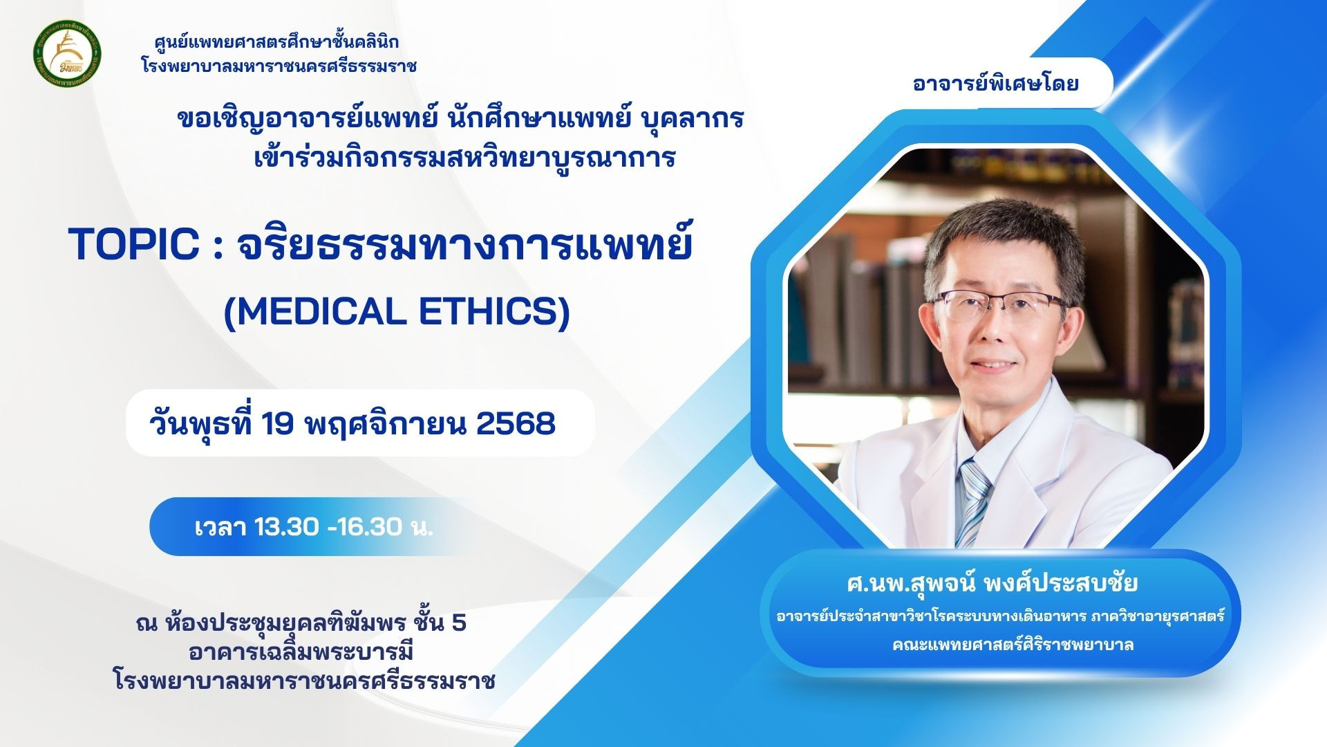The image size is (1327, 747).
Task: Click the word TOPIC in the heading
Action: point(134,244)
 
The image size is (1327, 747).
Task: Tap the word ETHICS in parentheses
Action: point(493,311)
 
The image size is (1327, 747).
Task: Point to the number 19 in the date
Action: point(278,423)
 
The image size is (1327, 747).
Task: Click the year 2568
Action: point(516,423)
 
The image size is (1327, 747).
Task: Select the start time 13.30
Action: point(286,527)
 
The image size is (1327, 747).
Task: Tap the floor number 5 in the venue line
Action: point(458,623)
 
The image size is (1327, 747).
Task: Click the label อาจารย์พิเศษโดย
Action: point(995,84)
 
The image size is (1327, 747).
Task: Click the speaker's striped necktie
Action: point(974,501)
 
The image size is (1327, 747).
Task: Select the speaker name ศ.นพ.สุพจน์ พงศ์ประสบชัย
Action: point(992,583)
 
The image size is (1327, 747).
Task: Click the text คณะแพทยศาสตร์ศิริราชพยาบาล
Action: point(1013,645)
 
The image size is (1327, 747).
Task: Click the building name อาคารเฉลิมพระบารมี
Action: point(301,652)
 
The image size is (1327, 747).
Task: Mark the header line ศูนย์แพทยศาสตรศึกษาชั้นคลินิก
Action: point(276,42)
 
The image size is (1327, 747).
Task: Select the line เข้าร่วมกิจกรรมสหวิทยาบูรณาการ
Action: point(464,158)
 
